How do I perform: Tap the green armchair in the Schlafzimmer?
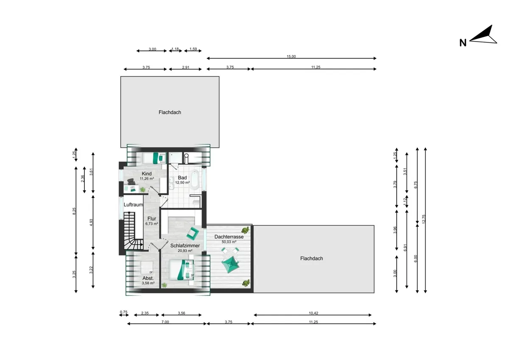click(x=193, y=233)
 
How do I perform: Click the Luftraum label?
click(x=133, y=205)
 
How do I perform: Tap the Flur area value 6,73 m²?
click(x=151, y=224)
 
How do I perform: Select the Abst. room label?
click(x=148, y=278)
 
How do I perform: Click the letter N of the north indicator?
click(x=463, y=42)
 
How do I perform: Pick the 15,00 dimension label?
click(x=291, y=56)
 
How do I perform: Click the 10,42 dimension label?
click(x=313, y=313)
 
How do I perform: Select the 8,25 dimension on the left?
click(x=74, y=210)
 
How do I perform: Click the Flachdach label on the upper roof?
click(x=170, y=112)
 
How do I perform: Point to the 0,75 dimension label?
click(x=123, y=312)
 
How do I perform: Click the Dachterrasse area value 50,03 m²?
click(x=229, y=242)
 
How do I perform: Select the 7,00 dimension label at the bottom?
click(x=165, y=322)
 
